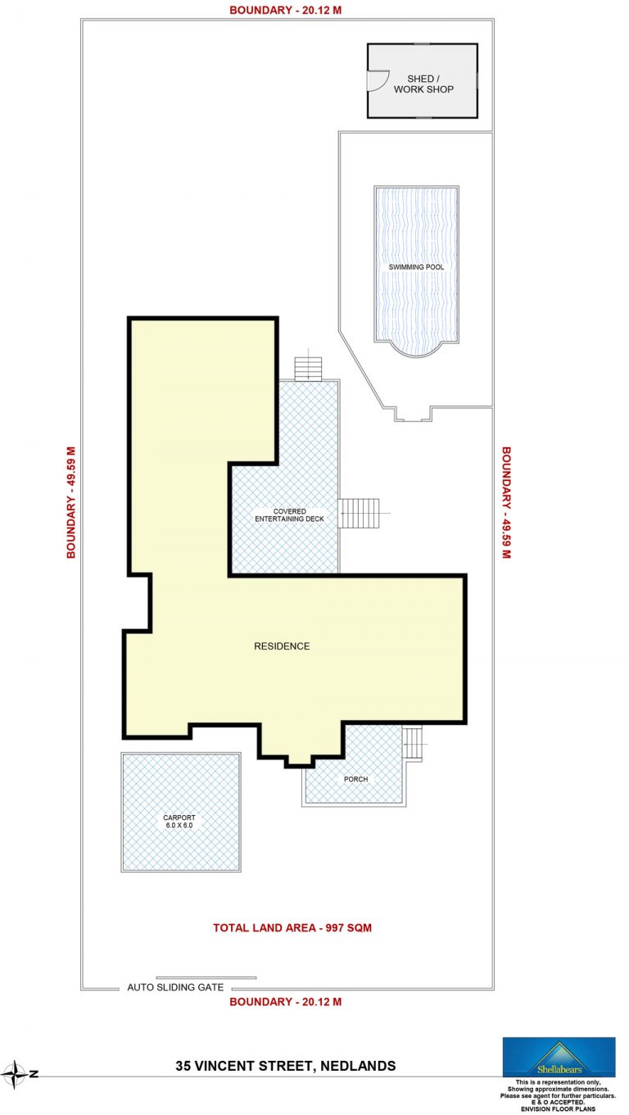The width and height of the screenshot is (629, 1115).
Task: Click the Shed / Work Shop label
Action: pos(423,84)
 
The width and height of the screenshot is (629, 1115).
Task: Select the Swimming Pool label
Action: pos(416,267)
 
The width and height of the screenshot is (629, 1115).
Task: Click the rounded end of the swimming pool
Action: pos(417,350)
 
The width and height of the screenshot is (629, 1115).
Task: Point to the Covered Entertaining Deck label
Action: pos(289,514)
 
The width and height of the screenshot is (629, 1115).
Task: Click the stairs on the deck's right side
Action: pos(359,513)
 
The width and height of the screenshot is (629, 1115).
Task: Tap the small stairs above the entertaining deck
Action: pos(308,369)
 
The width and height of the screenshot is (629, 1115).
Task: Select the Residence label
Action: pos(282,646)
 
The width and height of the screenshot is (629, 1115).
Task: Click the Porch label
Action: pos(355,779)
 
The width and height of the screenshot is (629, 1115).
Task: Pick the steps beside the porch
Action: pos(413,743)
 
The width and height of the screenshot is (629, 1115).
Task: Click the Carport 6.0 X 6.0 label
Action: pos(179,822)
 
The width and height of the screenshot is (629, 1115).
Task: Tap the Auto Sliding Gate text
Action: pos(175,987)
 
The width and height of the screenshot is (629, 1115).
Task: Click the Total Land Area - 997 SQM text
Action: pos(292,928)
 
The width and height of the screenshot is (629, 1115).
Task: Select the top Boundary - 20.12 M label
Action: pos(285,10)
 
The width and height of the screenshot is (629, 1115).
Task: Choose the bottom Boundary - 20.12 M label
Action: pos(285,1002)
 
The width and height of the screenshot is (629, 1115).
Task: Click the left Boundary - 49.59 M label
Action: pos(71,502)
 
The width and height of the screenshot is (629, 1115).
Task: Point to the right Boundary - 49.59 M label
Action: pos(506,502)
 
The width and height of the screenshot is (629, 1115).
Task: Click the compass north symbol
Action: pos(15,1074)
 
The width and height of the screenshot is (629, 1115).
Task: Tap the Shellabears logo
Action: pos(559,1057)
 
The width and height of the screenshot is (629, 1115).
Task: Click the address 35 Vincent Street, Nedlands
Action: pos(286,1066)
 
